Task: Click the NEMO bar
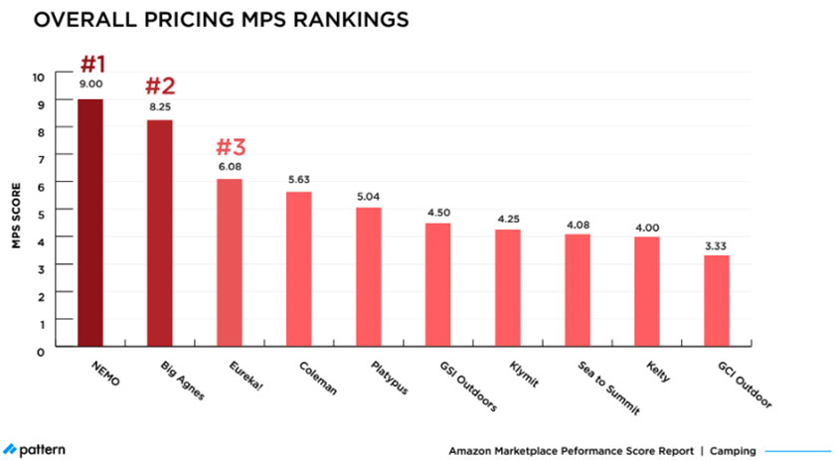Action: pyautogui.click(x=89, y=225)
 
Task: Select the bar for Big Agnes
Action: pyautogui.click(x=159, y=235)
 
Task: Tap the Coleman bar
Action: pyautogui.click(x=298, y=271)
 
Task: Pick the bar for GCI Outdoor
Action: pyautogui.click(x=716, y=303)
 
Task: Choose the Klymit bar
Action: pyautogui.click(x=507, y=290)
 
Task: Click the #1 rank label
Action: pyautogui.click(x=92, y=64)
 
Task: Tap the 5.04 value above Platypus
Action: pyautogui.click(x=369, y=196)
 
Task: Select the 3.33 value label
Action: pyautogui.click(x=717, y=243)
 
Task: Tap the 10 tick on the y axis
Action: pyautogui.click(x=38, y=77)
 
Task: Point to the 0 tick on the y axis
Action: pyautogui.click(x=40, y=351)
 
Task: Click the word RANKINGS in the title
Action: pyautogui.click(x=328, y=19)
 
